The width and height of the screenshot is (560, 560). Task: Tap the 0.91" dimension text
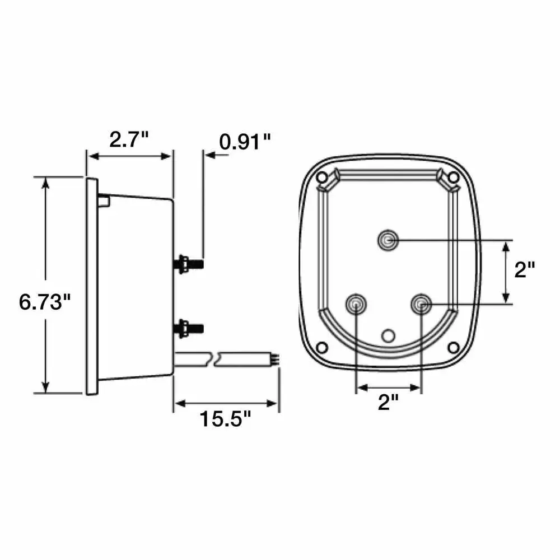pyautogui.click(x=245, y=141)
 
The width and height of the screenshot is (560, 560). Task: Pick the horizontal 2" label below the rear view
pyautogui.click(x=388, y=402)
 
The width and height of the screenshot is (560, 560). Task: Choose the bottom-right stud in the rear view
pyautogui.click(x=421, y=304)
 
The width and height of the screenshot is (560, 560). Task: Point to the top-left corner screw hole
pyautogui.click(x=322, y=178)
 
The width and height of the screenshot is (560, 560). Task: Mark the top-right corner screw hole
pyautogui.click(x=454, y=178)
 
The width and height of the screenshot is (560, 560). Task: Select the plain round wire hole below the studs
pyautogui.click(x=388, y=335)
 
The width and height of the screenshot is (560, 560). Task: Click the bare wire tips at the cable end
pyautogui.click(x=275, y=357)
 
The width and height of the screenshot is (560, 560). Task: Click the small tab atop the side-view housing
pyautogui.click(x=103, y=199)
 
